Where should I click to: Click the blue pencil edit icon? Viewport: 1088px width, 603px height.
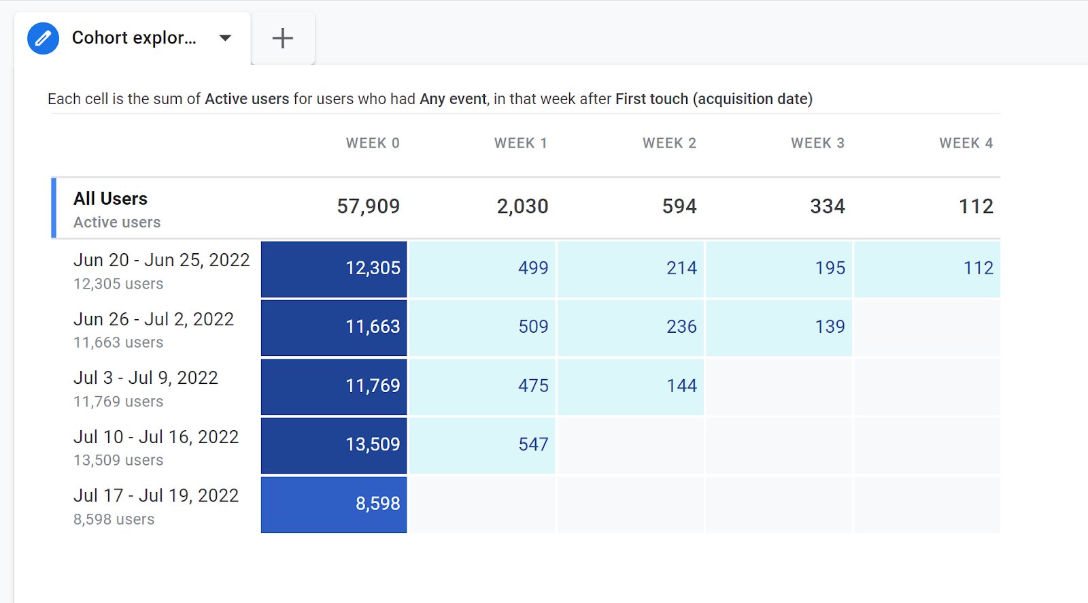[43, 38]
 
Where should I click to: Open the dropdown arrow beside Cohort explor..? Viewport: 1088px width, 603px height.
[225, 38]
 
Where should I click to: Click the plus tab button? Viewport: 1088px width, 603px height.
[282, 38]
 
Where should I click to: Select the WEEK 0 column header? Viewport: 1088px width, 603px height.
[373, 143]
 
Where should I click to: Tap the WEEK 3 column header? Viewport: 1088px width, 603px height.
[817, 143]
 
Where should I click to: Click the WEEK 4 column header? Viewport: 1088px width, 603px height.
[966, 143]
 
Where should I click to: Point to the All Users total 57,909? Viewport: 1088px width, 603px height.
[368, 206]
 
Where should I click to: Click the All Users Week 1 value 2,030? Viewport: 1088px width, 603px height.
[522, 206]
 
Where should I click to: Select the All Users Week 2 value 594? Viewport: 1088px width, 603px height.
[679, 206]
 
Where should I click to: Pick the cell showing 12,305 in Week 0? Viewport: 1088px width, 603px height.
[334, 268]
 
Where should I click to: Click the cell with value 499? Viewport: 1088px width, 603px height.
[482, 268]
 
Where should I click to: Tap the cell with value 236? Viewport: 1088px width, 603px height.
[631, 327]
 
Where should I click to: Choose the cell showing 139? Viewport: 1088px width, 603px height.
[779, 327]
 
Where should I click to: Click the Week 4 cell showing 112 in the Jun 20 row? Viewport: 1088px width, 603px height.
[928, 268]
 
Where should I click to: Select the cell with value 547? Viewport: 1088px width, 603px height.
[482, 444]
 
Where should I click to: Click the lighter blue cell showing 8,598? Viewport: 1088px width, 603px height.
[334, 504]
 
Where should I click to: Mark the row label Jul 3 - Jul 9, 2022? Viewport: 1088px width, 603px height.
[146, 378]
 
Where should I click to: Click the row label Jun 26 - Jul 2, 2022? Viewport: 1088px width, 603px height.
[154, 319]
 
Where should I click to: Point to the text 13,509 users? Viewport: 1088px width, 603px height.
[118, 460]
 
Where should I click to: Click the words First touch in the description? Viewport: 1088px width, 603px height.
[651, 99]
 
